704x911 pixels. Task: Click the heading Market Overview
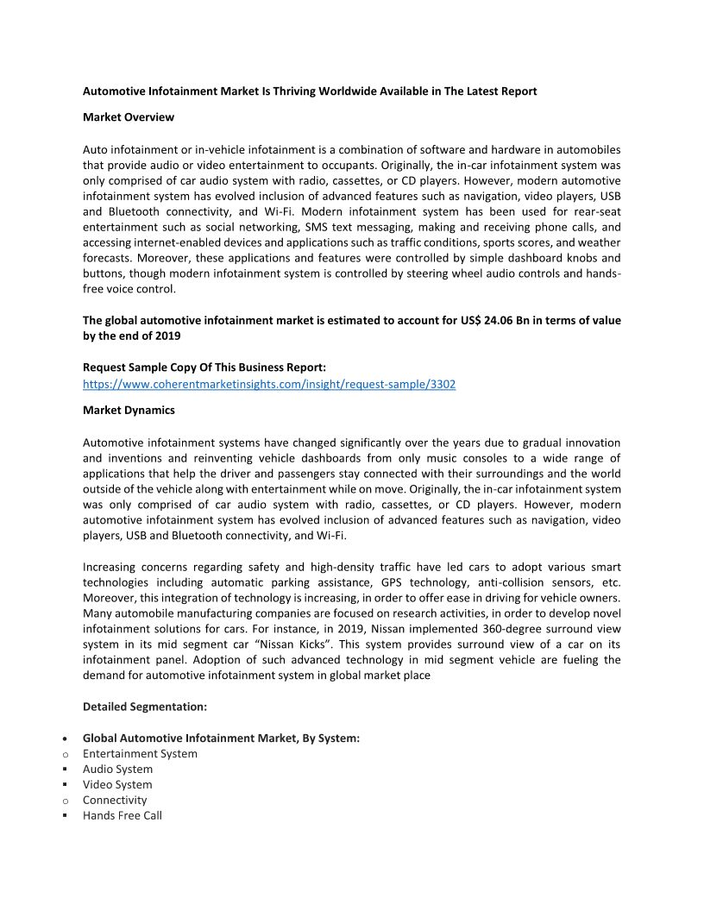pos(129,116)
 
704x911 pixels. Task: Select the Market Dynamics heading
pos(129,410)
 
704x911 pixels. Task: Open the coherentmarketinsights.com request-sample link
pos(269,384)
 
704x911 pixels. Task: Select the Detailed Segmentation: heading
pos(145,707)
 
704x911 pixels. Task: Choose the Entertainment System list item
pos(140,753)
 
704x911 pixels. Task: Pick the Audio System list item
pos(117,769)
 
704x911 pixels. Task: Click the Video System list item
pos(117,784)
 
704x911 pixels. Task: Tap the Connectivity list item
pos(115,800)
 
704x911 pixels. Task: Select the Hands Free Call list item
pos(123,815)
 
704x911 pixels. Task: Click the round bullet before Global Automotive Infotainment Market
pos(66,738)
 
